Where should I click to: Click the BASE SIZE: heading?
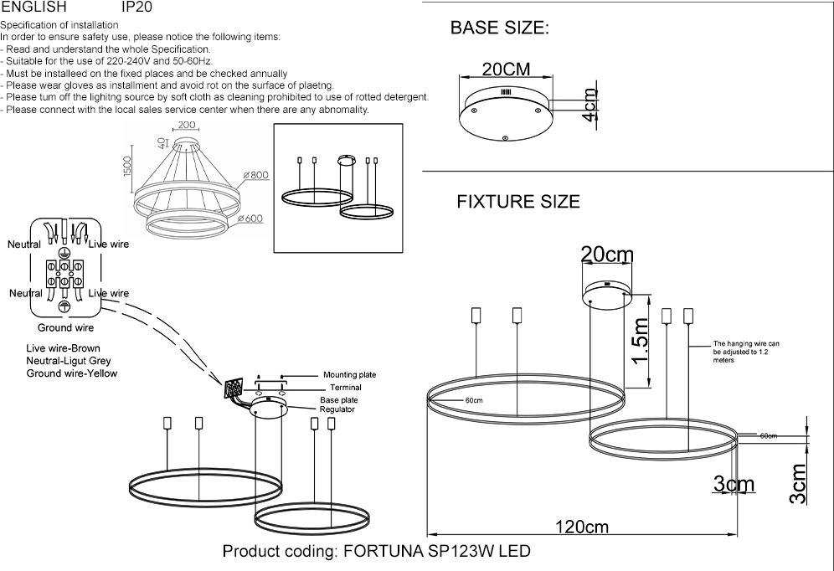point(499,28)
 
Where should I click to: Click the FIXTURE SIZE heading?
point(517,202)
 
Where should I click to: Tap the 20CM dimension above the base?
point(506,69)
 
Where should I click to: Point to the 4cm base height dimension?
point(591,106)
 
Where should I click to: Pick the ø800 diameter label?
point(255,176)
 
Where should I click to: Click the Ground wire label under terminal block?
point(65,328)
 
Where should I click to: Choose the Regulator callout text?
point(337,409)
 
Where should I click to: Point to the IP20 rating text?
point(137,7)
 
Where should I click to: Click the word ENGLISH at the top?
point(33,7)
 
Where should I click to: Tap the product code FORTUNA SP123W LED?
point(376,553)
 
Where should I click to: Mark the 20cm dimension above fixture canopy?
point(607,254)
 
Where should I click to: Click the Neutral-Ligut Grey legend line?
point(69,361)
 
